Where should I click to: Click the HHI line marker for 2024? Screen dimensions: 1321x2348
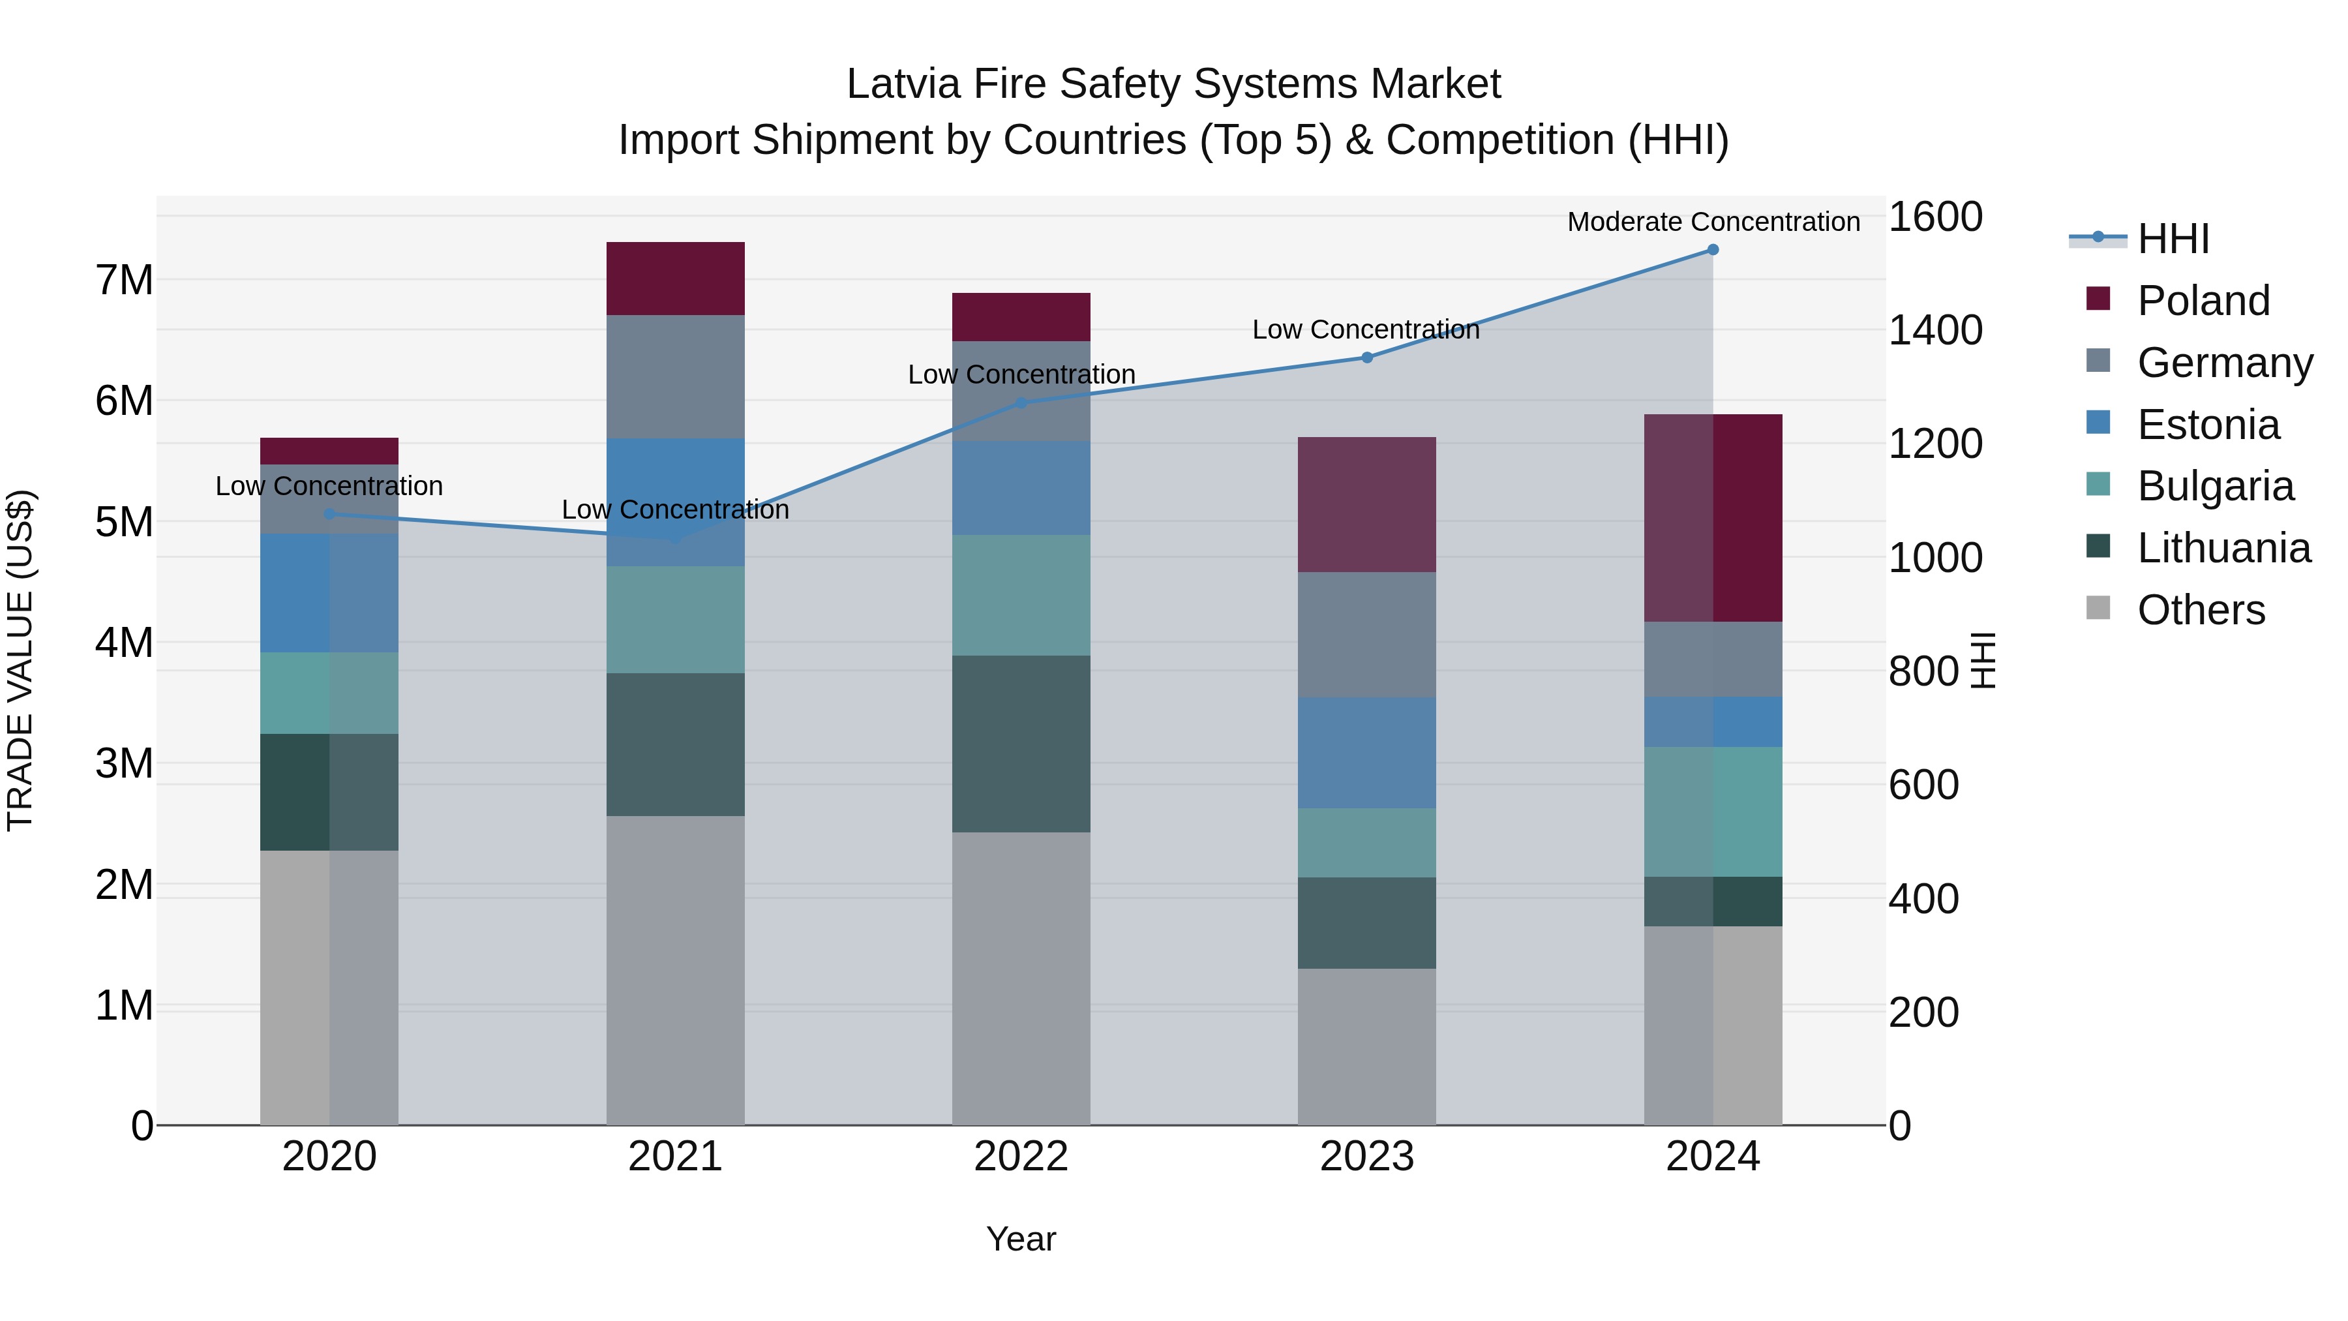tap(1713, 250)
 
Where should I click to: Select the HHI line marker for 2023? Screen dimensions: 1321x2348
tap(1366, 357)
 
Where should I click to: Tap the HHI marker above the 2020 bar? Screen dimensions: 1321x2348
tap(329, 514)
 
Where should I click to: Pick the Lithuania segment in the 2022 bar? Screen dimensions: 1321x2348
tap(1021, 743)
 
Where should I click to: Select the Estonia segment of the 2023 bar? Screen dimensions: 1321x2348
tap(1366, 752)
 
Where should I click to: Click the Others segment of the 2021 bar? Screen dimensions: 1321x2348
tap(676, 969)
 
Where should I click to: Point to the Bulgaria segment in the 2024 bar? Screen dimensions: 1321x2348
tap(1713, 812)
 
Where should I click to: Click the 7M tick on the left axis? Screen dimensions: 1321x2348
tap(124, 280)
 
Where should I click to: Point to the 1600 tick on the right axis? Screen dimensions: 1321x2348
tap(1934, 217)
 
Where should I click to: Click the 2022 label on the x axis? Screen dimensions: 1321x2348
tap(1021, 1157)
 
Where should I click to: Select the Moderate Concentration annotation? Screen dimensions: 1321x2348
tap(1713, 222)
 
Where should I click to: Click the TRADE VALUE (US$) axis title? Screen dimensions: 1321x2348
tap(20, 660)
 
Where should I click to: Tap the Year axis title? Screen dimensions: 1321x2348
tap(1021, 1239)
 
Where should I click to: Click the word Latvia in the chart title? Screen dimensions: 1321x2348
tap(903, 84)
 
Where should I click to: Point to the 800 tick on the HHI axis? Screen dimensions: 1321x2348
tap(1923, 672)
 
